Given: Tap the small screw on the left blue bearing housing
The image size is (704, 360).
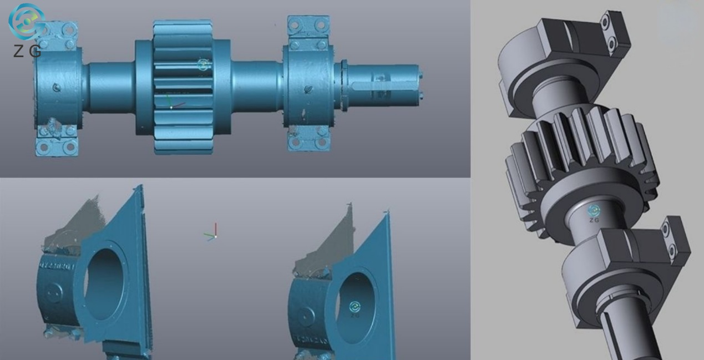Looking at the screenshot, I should (x=57, y=87).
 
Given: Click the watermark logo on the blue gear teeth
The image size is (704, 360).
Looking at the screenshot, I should (x=204, y=65).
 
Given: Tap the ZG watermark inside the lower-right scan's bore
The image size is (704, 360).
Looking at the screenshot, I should (x=355, y=309).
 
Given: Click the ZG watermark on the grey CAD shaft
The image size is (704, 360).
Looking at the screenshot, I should (x=594, y=213).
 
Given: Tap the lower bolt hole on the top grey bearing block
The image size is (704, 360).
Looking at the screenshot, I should (x=611, y=42).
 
